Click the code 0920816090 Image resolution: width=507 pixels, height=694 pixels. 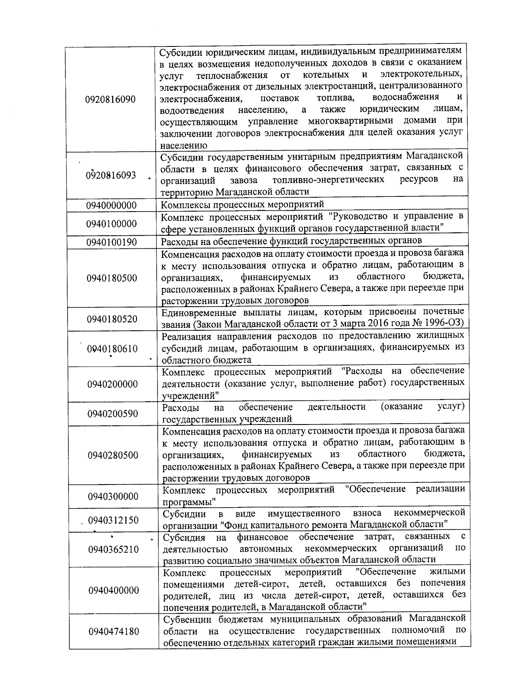(x=110, y=100)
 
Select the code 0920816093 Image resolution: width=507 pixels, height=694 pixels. (x=111, y=175)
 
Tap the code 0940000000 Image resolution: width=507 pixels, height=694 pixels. (x=112, y=205)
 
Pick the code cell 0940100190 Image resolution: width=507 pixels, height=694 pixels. (x=112, y=242)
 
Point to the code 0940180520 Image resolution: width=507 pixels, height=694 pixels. (x=112, y=319)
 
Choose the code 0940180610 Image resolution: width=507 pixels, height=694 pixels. (x=112, y=349)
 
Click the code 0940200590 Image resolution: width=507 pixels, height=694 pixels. (x=113, y=414)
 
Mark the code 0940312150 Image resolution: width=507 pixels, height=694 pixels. (x=113, y=520)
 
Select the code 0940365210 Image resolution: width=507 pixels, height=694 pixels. (x=114, y=550)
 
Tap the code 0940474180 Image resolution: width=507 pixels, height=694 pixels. (x=114, y=631)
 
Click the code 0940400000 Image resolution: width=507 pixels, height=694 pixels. (x=114, y=590)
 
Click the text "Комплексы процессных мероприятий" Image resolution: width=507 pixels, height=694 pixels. (x=243, y=205)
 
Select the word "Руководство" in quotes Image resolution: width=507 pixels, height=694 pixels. (x=359, y=217)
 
